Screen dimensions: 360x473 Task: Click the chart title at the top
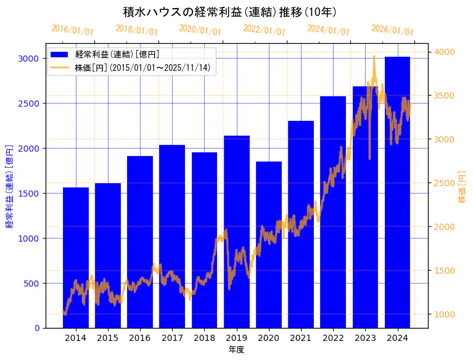coord(229,12)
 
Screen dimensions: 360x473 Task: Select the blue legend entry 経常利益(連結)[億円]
coord(117,54)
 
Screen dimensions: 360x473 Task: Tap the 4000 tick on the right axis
coord(445,52)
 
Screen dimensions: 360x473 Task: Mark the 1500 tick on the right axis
coord(445,271)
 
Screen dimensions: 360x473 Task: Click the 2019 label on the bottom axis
coord(237,338)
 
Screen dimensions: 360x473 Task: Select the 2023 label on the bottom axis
coord(366,338)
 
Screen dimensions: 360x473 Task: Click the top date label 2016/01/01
coord(72,30)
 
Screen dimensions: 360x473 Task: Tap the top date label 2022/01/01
coord(264,30)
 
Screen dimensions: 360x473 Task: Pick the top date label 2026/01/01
coord(392,30)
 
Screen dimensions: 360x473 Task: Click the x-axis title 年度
coord(237,350)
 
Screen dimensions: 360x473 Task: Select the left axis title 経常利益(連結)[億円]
coord(9,186)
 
